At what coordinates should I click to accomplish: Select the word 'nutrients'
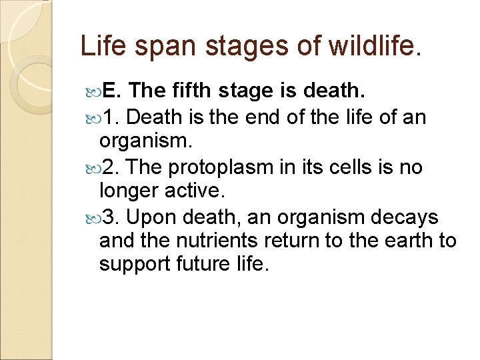(214, 240)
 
